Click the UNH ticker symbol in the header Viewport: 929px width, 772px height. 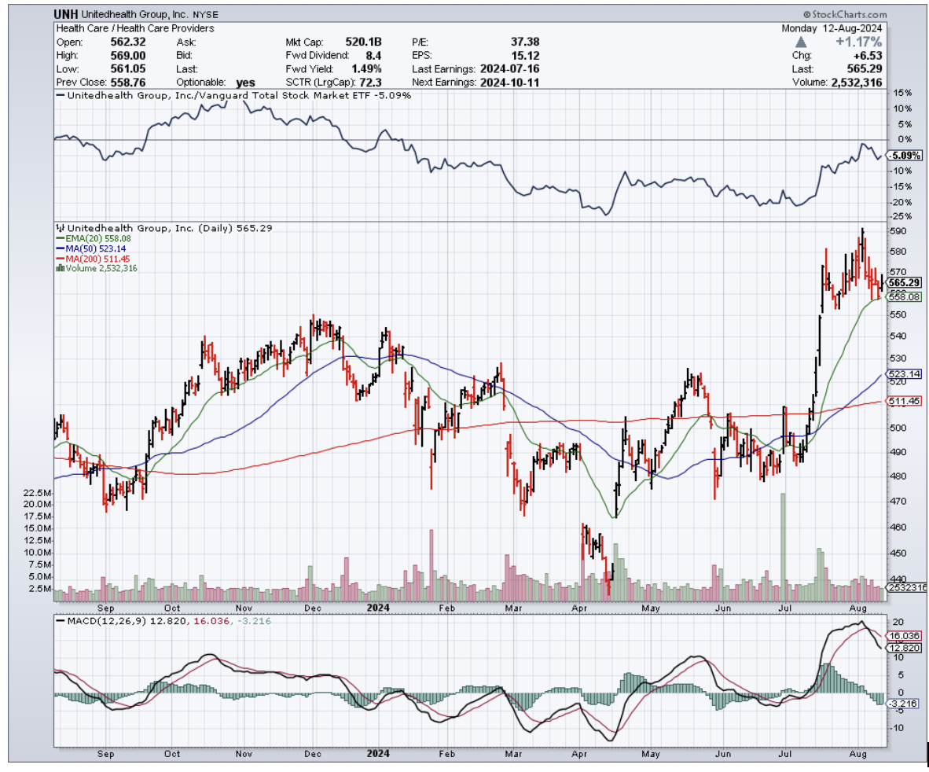(x=66, y=14)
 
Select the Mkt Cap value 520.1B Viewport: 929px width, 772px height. (x=364, y=42)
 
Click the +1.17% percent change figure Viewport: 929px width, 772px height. (x=859, y=42)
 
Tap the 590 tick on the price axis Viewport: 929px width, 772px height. (x=896, y=231)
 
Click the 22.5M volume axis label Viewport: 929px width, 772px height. (x=38, y=493)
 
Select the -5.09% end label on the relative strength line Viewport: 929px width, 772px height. (x=905, y=156)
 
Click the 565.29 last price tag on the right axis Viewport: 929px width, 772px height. (x=905, y=282)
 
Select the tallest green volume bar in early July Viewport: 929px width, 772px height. (x=783, y=542)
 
